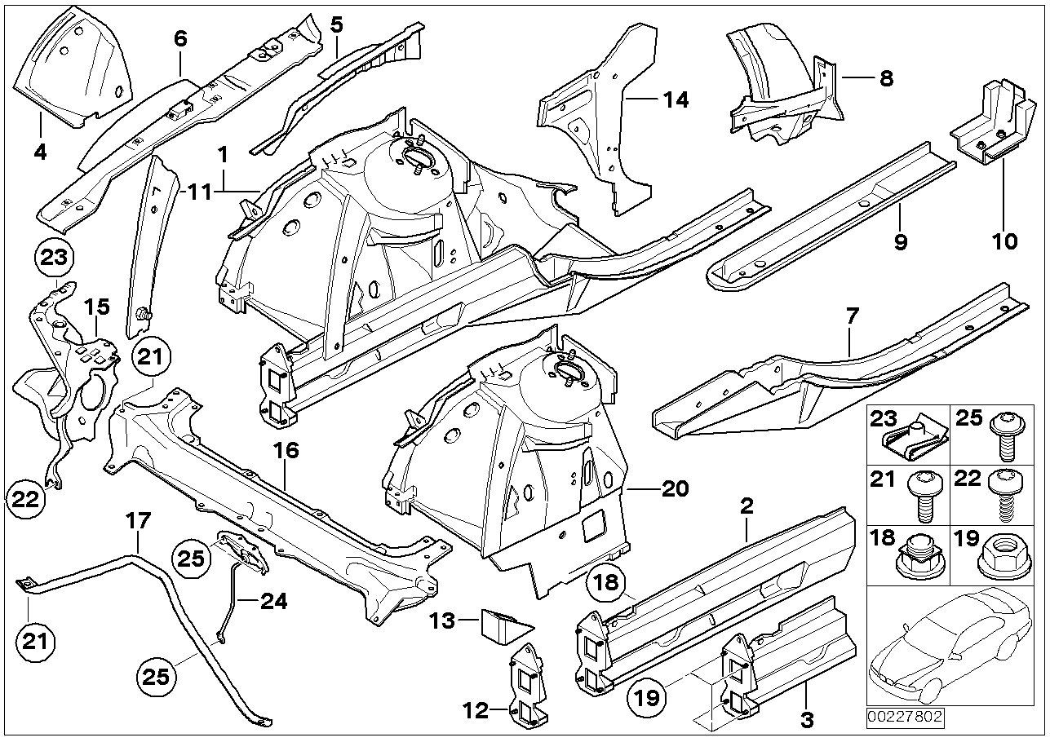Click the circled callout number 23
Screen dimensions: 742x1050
click(52, 258)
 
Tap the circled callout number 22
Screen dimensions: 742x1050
click(26, 498)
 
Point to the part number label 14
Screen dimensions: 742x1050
click(676, 100)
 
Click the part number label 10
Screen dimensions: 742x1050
click(1004, 241)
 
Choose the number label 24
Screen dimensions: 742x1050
click(274, 602)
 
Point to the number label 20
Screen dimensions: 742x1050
click(676, 489)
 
